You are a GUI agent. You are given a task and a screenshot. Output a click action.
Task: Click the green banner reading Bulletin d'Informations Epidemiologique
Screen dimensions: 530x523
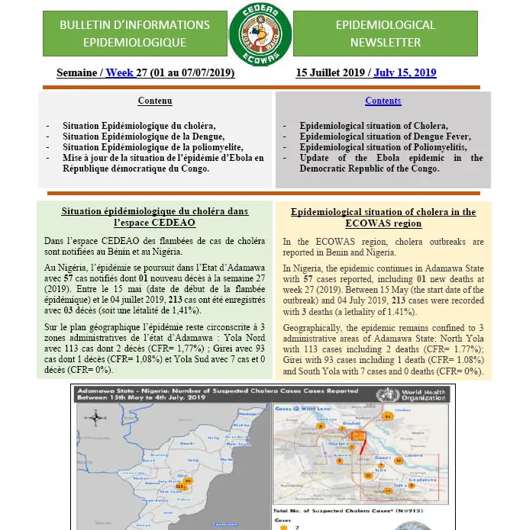pyautogui.click(x=134, y=34)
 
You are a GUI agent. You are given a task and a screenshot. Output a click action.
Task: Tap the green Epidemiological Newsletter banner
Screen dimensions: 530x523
pyautogui.click(x=386, y=34)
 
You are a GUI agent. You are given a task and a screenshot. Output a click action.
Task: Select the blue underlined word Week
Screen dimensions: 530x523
pyautogui.click(x=119, y=73)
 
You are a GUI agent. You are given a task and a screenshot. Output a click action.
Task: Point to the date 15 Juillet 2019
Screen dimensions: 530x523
pyautogui.click(x=330, y=73)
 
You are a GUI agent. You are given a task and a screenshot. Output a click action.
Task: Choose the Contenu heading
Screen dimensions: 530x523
pyautogui.click(x=155, y=101)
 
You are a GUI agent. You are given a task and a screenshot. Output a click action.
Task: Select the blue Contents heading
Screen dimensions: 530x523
pyautogui.click(x=383, y=101)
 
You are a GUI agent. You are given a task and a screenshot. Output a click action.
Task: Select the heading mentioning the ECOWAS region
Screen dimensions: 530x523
pyautogui.click(x=383, y=217)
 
